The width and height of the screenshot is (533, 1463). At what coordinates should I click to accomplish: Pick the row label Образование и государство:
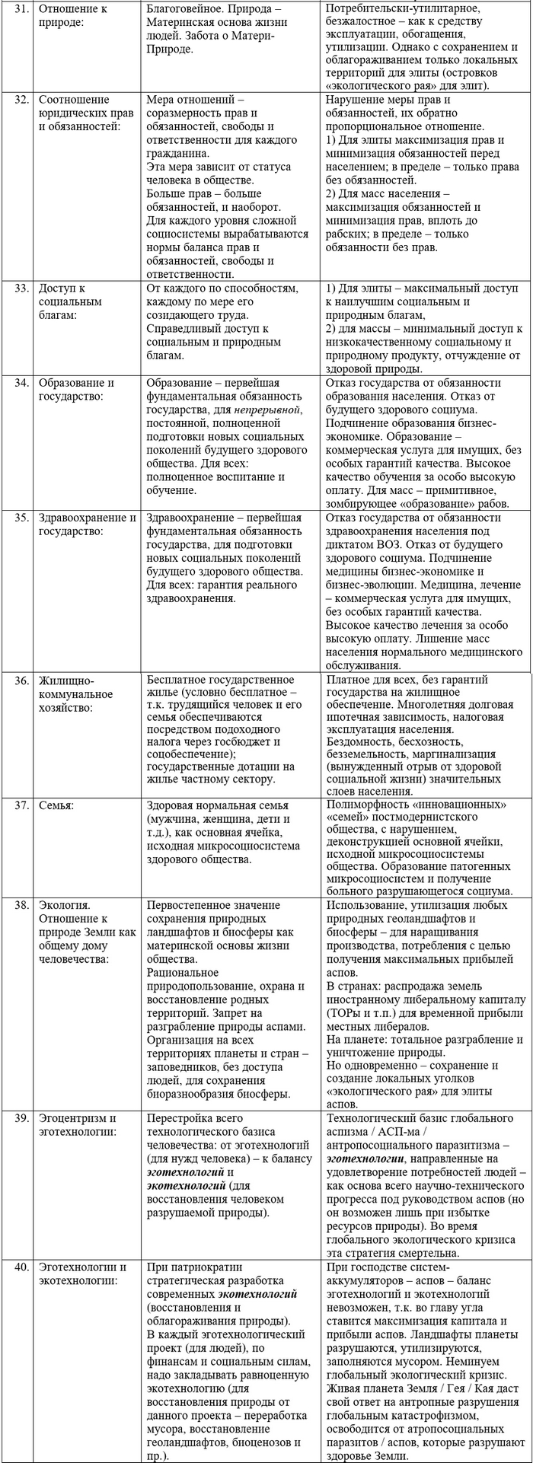(x=77, y=390)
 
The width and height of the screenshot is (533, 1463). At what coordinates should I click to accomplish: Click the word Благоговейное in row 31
(x=184, y=10)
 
